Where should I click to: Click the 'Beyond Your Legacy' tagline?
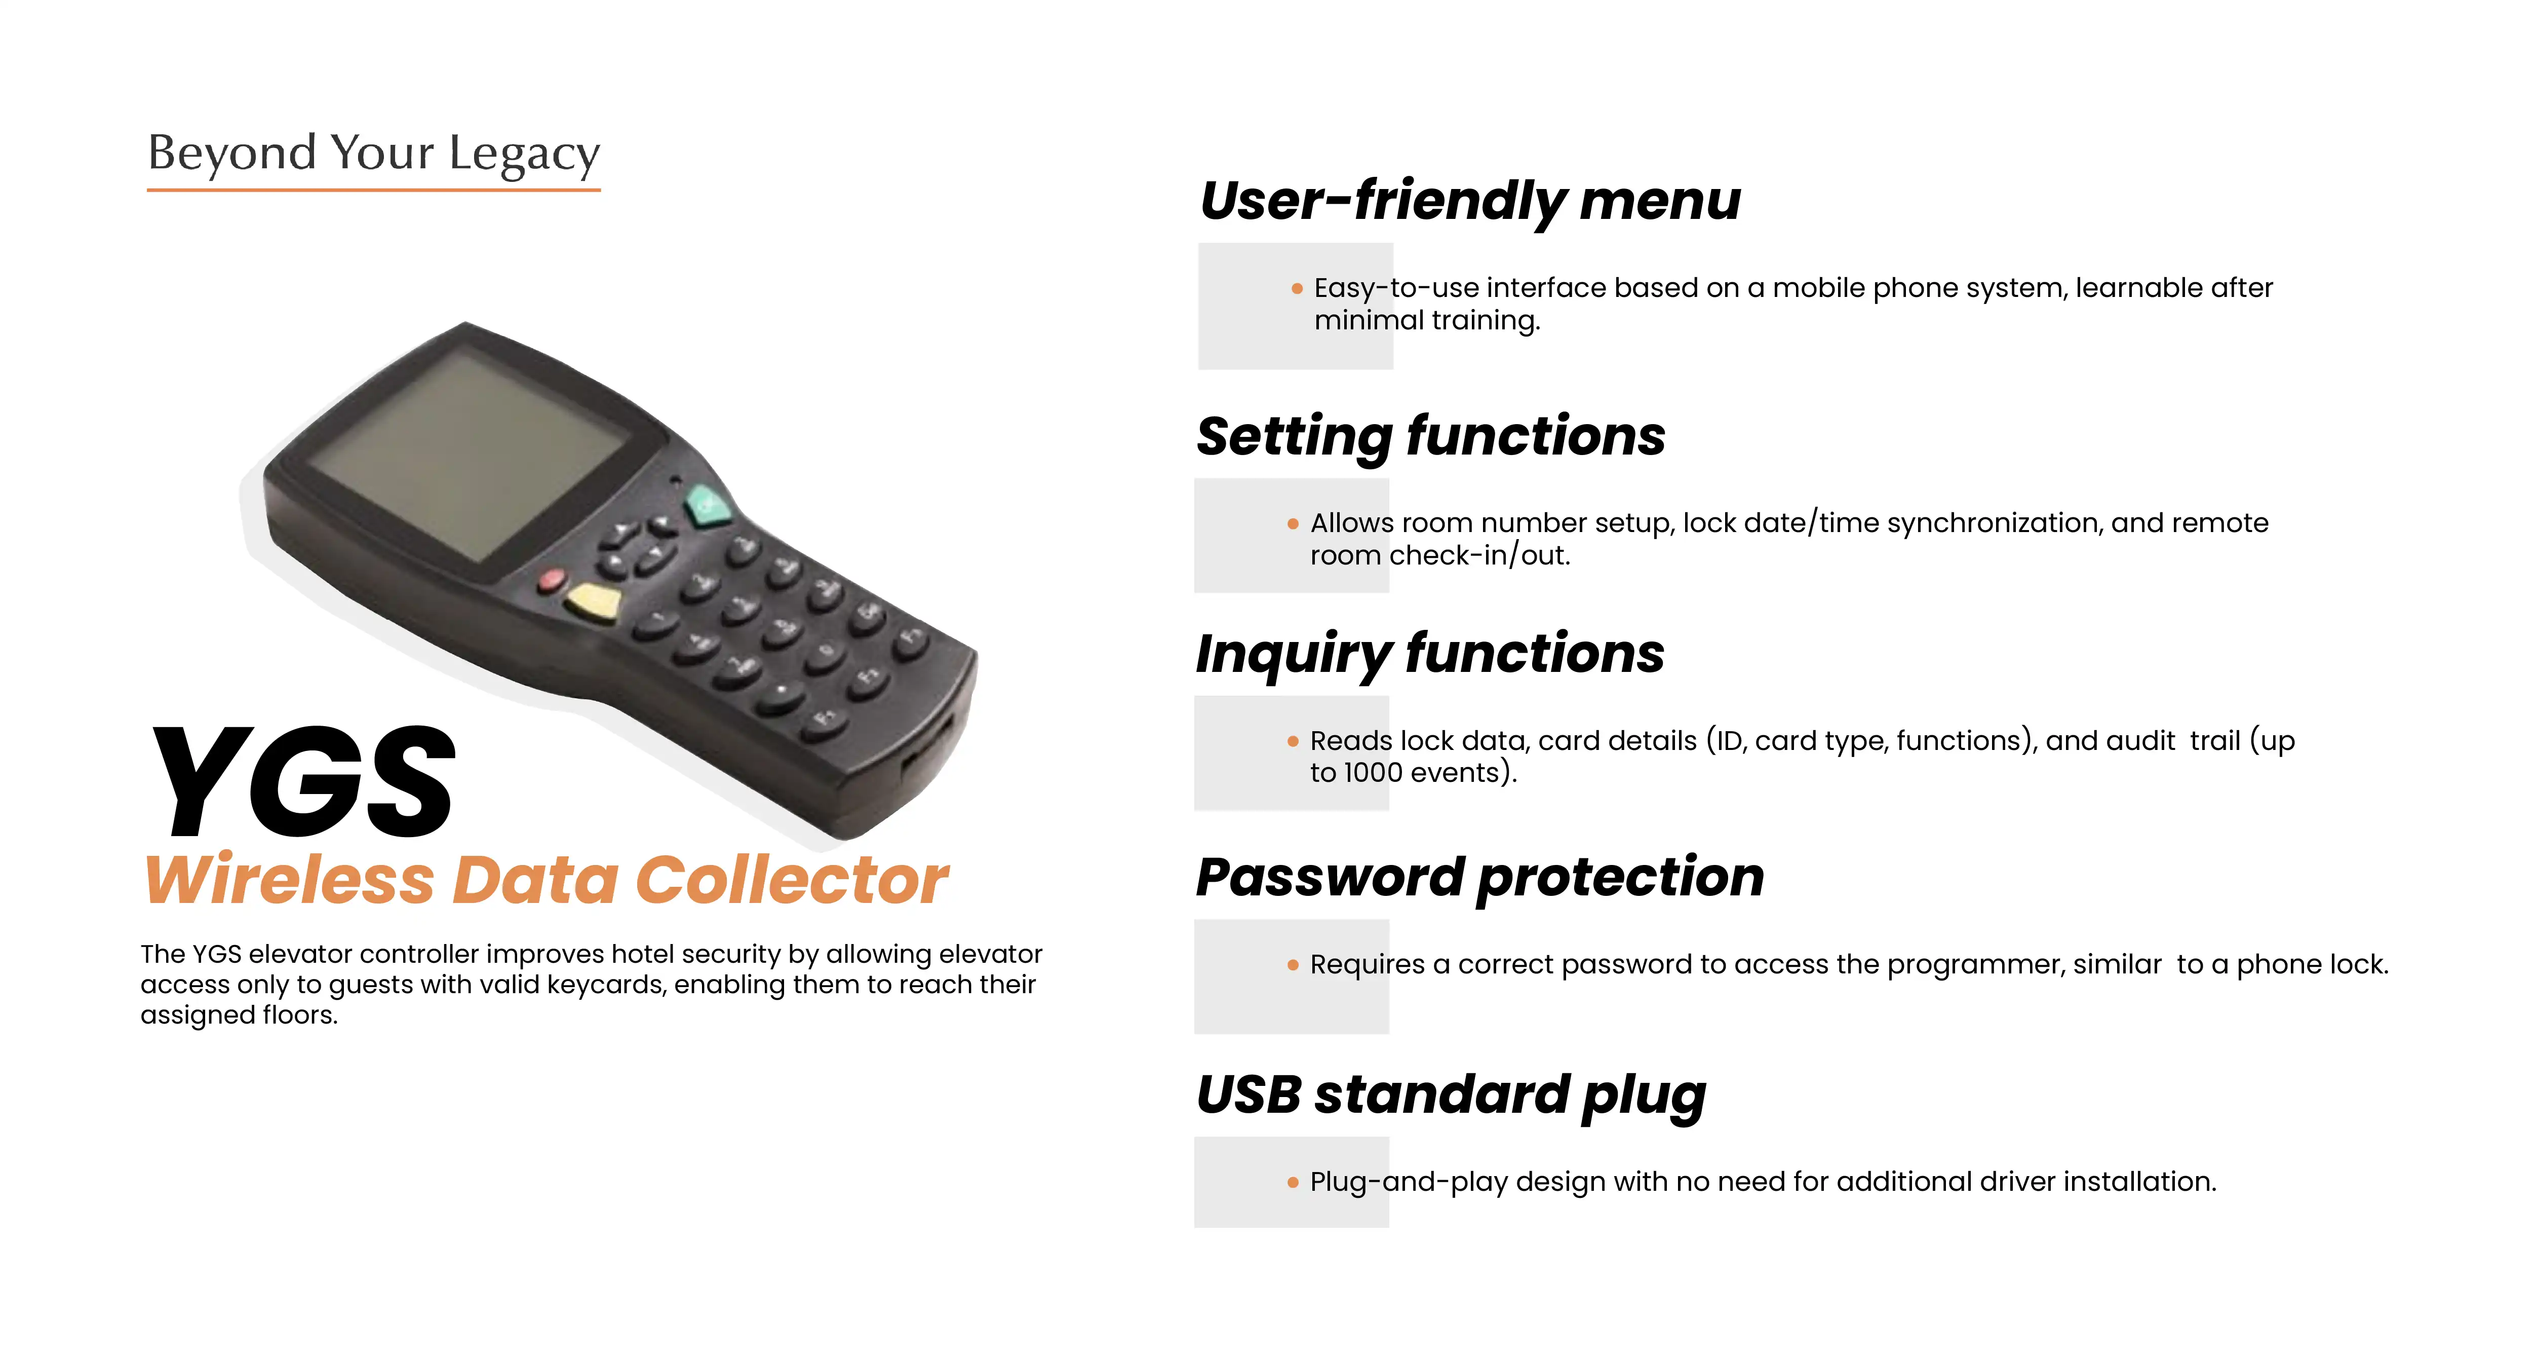pyautogui.click(x=374, y=154)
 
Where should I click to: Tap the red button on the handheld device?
pyautogui.click(x=552, y=580)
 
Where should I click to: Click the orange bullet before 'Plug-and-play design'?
pyautogui.click(x=1293, y=1183)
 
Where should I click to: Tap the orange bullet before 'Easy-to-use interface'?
pyautogui.click(x=1297, y=288)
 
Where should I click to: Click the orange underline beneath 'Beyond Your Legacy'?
pyautogui.click(x=374, y=189)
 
